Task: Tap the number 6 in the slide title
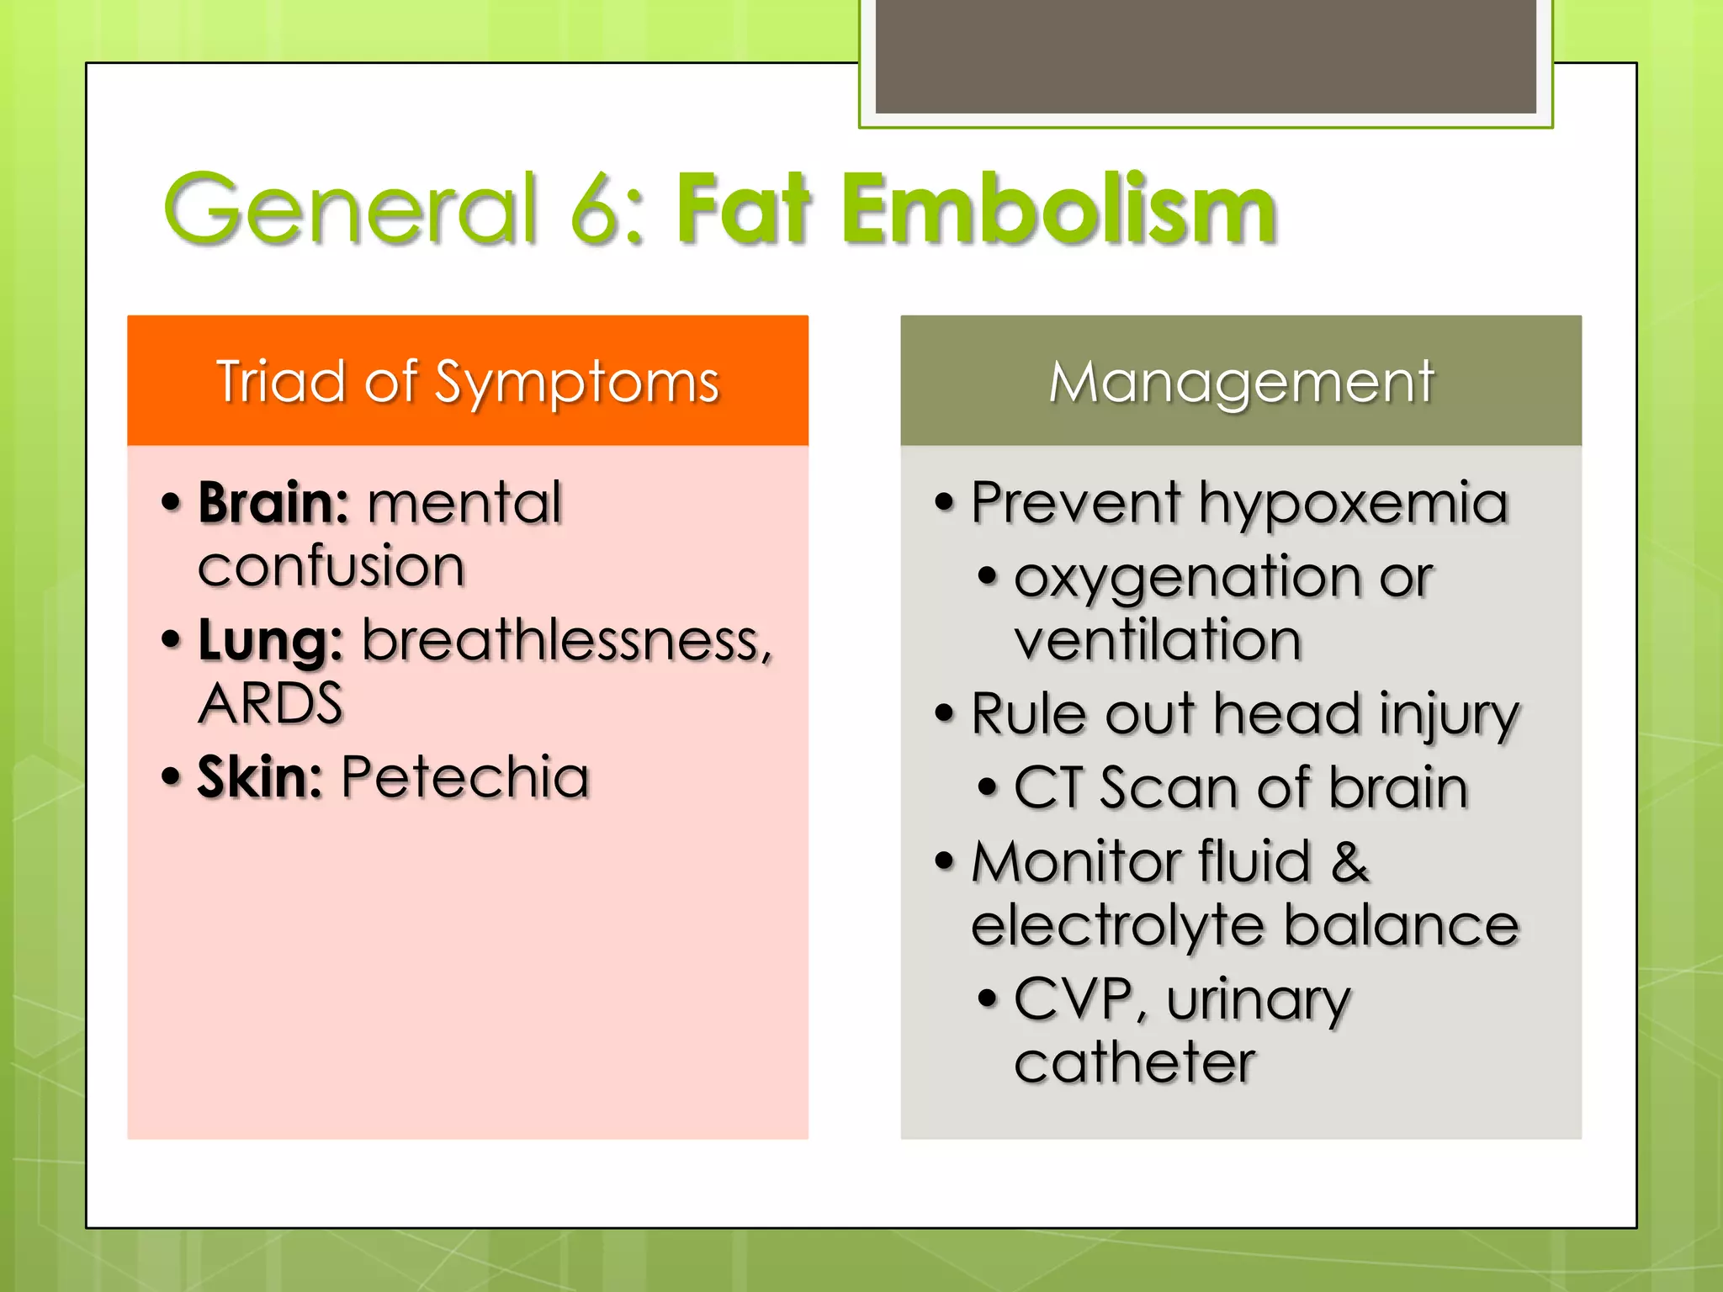coord(596,209)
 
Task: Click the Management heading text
coord(1241,383)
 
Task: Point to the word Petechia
coord(464,777)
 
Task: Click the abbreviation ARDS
coord(270,703)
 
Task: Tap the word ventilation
coord(1158,640)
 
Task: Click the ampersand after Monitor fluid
coord(1349,861)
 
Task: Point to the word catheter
coord(1134,1062)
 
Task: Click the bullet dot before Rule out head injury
coord(945,713)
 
